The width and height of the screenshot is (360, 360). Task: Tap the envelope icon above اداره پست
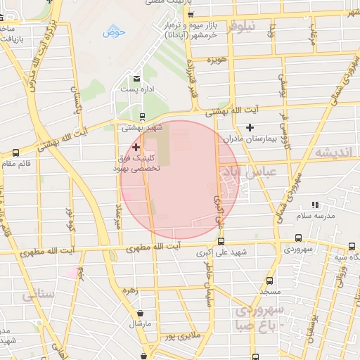(x=137, y=78)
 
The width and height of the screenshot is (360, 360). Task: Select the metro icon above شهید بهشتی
(x=143, y=117)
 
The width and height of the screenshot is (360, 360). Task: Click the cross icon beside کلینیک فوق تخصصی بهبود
(x=136, y=147)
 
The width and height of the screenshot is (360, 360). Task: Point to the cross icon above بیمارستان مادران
(x=250, y=127)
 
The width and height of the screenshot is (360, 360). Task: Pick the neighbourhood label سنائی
(x=37, y=295)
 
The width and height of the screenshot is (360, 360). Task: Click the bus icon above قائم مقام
(x=17, y=153)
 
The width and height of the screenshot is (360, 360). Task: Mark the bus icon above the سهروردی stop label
(x=352, y=246)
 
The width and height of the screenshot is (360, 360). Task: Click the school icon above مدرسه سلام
(x=318, y=205)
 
